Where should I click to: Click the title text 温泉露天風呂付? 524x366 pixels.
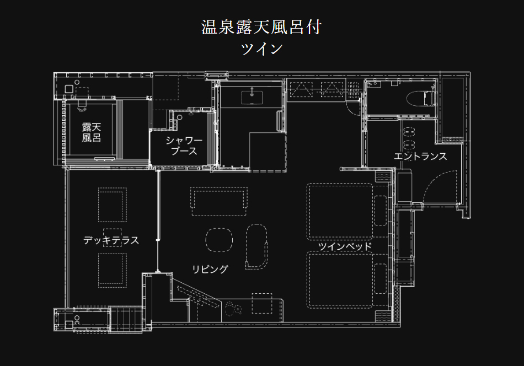tap(261, 27)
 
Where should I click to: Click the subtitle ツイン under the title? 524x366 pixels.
tap(261, 49)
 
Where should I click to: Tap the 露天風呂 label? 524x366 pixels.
tap(91, 132)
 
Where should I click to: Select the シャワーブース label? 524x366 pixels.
tap(184, 146)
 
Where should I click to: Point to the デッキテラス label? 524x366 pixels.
tap(111, 240)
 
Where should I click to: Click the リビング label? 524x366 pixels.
tap(210, 269)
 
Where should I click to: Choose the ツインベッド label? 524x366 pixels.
tap(345, 246)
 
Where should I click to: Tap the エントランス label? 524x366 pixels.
tap(420, 156)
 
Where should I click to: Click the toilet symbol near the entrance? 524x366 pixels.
tap(421, 99)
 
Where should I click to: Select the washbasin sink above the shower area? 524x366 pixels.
tap(252, 97)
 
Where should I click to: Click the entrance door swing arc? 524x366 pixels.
tap(439, 187)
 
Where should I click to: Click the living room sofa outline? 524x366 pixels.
tap(219, 201)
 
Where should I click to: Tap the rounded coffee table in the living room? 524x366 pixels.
tap(219, 240)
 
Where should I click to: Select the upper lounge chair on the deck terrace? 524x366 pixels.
tap(113, 204)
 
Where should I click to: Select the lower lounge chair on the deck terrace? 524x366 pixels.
tap(113, 270)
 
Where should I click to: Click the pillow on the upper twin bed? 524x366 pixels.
tap(380, 211)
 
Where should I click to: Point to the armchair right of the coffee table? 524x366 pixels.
tap(256, 246)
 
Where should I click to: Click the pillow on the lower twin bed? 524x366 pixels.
tap(380, 278)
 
